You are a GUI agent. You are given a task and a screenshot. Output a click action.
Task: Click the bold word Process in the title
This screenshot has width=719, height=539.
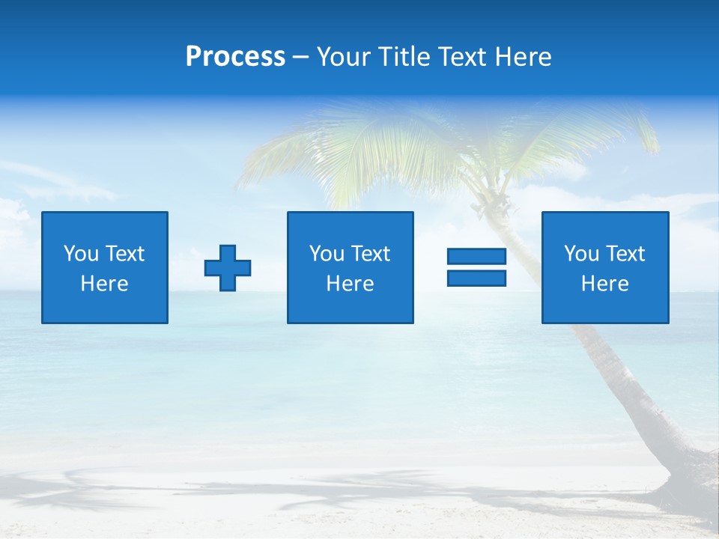tap(235, 57)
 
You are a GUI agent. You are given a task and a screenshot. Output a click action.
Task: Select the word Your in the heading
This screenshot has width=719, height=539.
tap(343, 57)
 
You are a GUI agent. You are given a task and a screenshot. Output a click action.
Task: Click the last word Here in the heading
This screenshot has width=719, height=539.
tap(525, 57)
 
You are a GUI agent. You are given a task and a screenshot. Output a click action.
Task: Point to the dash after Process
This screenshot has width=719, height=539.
tap(300, 58)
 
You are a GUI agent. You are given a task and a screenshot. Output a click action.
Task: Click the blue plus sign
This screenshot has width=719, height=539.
tap(228, 268)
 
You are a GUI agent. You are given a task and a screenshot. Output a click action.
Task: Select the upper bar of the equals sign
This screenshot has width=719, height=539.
tap(476, 257)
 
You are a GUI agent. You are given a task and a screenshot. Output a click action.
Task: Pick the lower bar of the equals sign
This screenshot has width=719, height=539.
tap(476, 278)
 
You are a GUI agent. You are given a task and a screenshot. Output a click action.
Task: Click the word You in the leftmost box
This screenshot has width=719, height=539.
tap(81, 254)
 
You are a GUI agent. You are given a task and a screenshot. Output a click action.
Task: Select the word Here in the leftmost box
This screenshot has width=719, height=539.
tap(105, 284)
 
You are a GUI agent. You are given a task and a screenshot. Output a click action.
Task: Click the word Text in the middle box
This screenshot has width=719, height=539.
tap(371, 254)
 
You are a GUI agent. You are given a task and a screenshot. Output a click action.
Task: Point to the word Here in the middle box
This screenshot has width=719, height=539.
tap(350, 284)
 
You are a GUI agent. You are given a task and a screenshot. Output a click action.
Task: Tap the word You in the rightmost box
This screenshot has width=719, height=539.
tap(581, 254)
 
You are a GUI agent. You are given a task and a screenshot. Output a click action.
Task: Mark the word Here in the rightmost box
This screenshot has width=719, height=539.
tap(605, 284)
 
